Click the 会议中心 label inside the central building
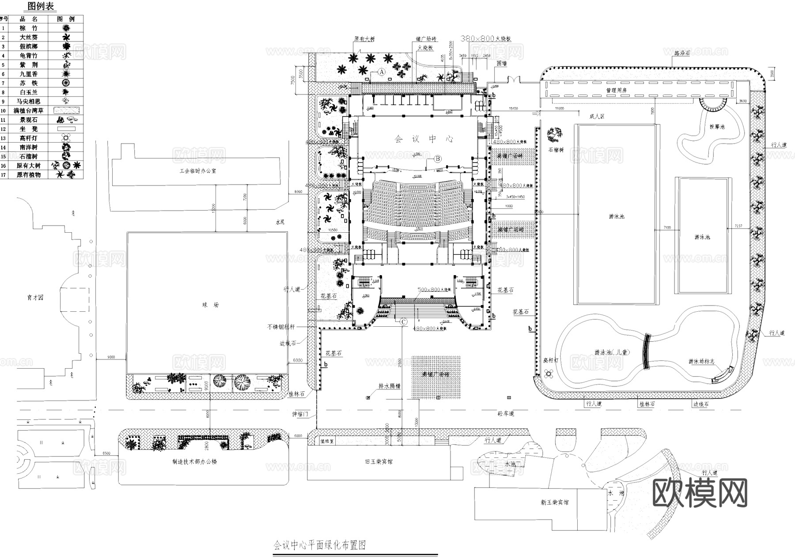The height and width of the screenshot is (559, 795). pos(424,139)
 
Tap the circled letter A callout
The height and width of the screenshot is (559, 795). pos(382,71)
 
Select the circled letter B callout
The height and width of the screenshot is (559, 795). pos(438,158)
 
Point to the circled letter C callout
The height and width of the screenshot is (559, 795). pos(403,322)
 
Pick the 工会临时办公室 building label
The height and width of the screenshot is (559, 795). pos(194,170)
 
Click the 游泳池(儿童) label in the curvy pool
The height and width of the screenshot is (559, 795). pos(611,352)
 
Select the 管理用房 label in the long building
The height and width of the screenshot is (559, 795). pos(616,90)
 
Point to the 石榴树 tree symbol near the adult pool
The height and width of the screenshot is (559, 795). pos(554,133)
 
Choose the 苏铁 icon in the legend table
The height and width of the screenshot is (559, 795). pos(66,83)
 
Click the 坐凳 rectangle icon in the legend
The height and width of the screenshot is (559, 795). pos(66,129)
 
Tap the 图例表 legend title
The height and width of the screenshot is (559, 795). pos(41,6)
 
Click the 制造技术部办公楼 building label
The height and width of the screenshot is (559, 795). pos(194,462)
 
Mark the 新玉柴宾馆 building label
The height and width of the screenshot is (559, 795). pos(554,502)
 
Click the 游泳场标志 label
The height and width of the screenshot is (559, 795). pos(701,361)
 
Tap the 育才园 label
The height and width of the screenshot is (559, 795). pos(35,298)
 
